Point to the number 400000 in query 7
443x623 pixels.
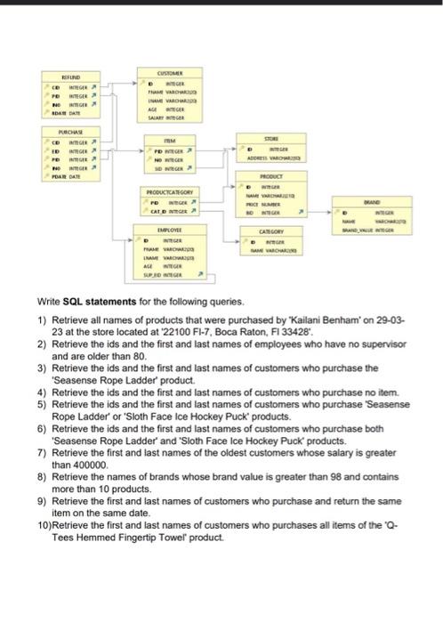(x=79, y=464)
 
